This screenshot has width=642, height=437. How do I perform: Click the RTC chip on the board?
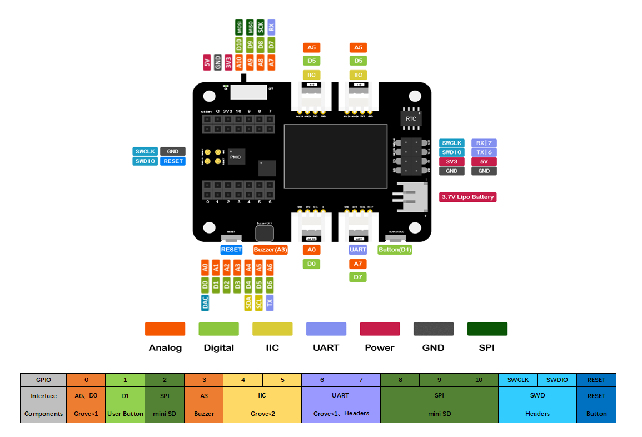pyautogui.click(x=411, y=118)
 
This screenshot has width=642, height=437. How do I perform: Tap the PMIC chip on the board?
pyautogui.click(x=235, y=157)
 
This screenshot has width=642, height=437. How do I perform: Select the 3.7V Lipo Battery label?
pyautogui.click(x=467, y=197)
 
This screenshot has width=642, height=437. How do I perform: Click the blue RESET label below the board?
pyautogui.click(x=231, y=250)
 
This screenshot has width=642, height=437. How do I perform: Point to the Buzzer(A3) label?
pyautogui.click(x=271, y=250)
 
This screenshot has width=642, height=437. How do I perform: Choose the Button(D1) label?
pyautogui.click(x=395, y=250)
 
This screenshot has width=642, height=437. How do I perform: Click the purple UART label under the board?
pyautogui.click(x=358, y=250)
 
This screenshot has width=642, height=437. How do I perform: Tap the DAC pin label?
pyautogui.click(x=205, y=302)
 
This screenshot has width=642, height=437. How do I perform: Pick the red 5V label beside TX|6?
pyautogui.click(x=484, y=162)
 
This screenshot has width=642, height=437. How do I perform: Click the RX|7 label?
pyautogui.click(x=484, y=143)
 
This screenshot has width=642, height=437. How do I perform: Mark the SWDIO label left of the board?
pyautogui.click(x=145, y=161)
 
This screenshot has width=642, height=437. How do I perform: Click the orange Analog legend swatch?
pyautogui.click(x=165, y=329)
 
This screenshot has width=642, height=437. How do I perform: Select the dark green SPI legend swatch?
pyautogui.click(x=487, y=329)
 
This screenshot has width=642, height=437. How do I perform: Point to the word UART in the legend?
pyautogui.click(x=326, y=348)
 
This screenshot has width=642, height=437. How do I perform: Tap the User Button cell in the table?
pyautogui.click(x=125, y=414)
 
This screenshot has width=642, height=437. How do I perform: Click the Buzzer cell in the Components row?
pyautogui.click(x=204, y=414)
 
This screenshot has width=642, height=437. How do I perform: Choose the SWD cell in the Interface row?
pyautogui.click(x=537, y=396)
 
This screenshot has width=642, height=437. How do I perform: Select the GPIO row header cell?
pyautogui.click(x=43, y=380)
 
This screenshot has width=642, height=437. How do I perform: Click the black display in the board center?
pyautogui.click(x=336, y=156)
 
